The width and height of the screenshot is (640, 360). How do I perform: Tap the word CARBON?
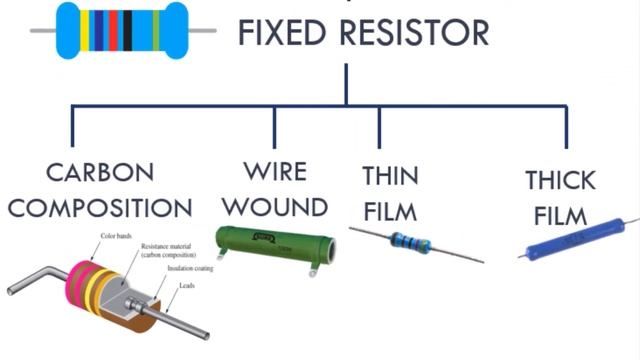(99, 171)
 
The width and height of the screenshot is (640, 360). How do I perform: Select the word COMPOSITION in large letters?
(99, 208)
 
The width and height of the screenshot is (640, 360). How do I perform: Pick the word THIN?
(390, 175)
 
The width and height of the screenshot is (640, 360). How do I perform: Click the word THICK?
(560, 180)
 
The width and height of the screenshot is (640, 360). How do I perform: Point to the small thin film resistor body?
(411, 242)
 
